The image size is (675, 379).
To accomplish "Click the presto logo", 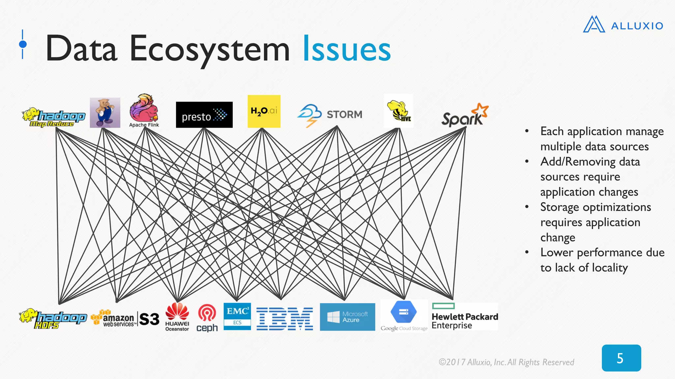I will click(x=204, y=115).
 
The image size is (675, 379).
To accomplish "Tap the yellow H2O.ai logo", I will click(x=264, y=111).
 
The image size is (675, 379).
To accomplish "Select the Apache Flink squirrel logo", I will click(x=144, y=110).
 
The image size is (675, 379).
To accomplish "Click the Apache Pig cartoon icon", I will click(x=105, y=113).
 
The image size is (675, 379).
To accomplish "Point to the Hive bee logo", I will click(x=398, y=111).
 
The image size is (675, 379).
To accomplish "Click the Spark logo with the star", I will click(x=465, y=115).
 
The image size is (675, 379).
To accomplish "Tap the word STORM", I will click(x=344, y=114).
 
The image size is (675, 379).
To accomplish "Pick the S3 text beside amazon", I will click(x=149, y=319).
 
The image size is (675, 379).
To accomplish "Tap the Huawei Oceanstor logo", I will click(x=177, y=316).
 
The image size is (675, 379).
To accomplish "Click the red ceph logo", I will click(x=207, y=318).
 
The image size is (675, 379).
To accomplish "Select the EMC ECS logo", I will click(x=237, y=316).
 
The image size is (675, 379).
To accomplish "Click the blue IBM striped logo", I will click(x=285, y=319).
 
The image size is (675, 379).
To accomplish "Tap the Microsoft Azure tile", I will click(x=347, y=317).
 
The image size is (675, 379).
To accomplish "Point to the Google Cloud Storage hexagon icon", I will click(x=403, y=312).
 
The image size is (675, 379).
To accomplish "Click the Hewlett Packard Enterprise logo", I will click(x=465, y=317).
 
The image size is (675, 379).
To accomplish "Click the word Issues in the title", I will click(x=346, y=49).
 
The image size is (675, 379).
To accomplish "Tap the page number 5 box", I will click(x=621, y=358).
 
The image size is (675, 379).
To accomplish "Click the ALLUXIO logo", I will click(x=623, y=25).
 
